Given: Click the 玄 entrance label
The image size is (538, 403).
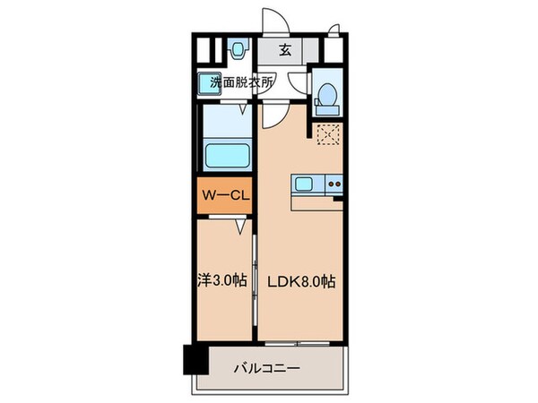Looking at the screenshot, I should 283,50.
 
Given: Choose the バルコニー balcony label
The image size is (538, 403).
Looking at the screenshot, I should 269,367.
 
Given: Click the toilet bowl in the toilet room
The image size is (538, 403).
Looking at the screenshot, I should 326,93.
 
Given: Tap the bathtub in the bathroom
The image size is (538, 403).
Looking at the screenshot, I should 227,154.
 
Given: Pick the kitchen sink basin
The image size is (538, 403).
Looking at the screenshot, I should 304,185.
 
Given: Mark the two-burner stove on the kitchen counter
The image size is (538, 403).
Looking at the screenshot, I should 333,185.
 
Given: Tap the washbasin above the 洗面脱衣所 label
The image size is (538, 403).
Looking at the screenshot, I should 239,50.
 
